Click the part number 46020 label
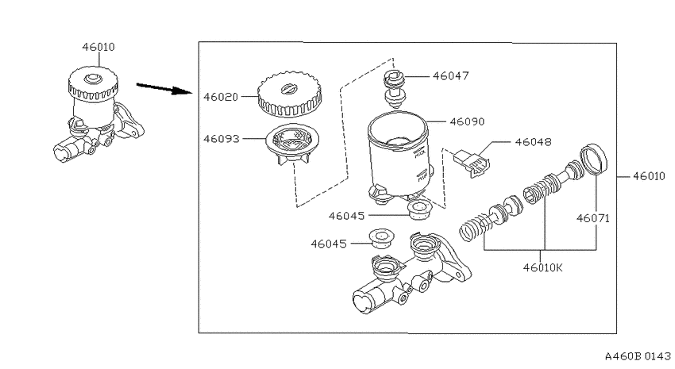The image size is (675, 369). click(221, 97)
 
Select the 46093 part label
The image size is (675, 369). click(222, 139)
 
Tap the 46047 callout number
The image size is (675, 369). click(451, 76)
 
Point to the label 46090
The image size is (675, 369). click(467, 121)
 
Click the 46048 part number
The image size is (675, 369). click(534, 142)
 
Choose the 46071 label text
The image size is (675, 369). click(593, 218)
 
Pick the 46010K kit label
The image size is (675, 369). click(543, 268)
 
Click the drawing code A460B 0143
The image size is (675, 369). click(638, 356)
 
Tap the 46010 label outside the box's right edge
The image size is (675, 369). click(649, 176)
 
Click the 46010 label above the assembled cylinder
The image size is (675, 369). click(98, 47)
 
